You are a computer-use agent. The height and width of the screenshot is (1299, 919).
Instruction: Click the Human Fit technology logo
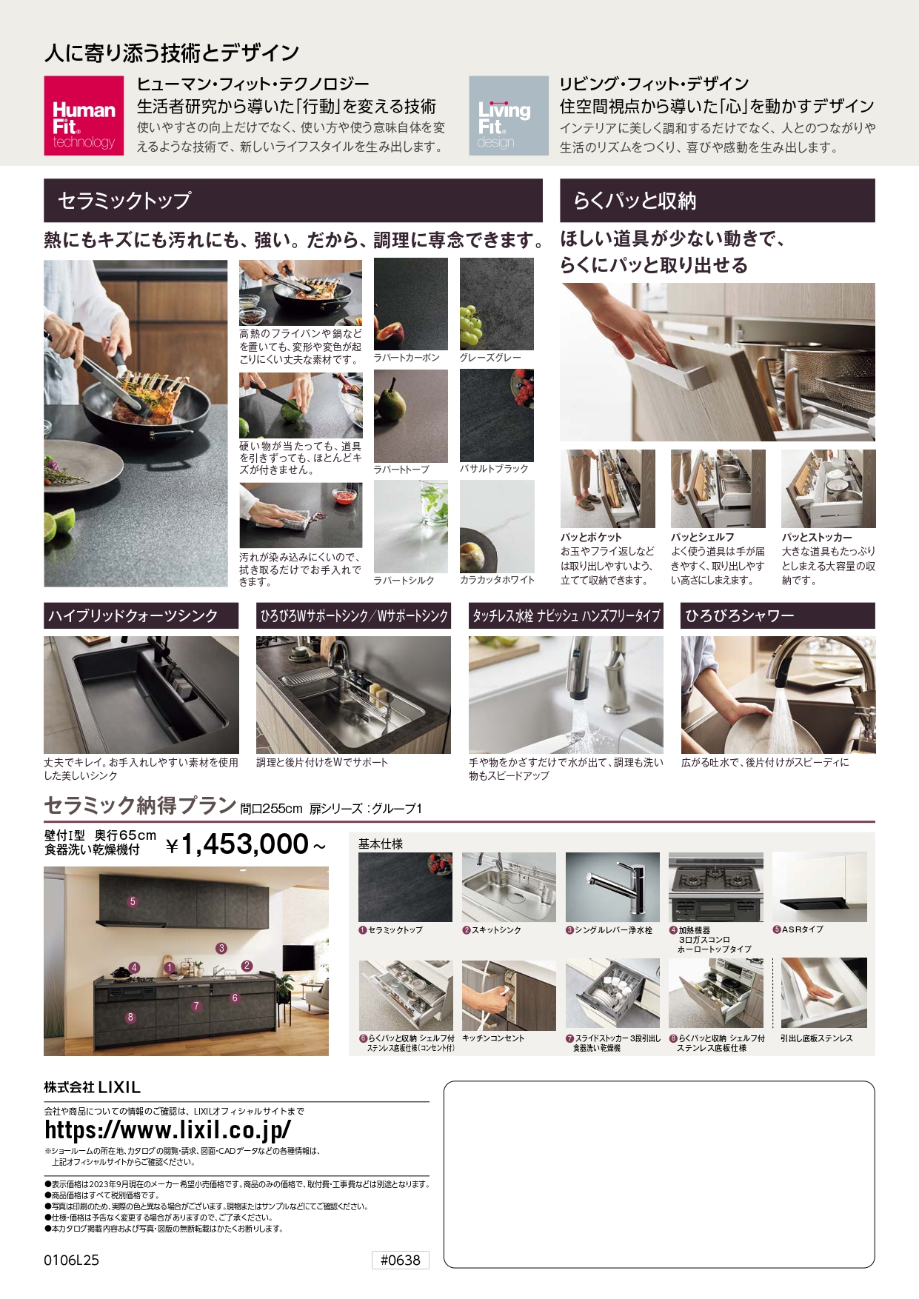(x=84, y=116)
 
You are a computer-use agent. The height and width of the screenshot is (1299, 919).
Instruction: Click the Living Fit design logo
(x=509, y=116)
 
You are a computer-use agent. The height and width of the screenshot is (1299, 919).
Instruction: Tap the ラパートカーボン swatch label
(x=407, y=358)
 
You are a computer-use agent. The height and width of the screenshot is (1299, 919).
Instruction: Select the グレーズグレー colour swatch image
(x=496, y=304)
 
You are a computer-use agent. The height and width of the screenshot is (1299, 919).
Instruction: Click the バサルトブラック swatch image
(x=496, y=415)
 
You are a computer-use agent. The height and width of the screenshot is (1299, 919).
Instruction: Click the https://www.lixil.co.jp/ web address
(x=168, y=1129)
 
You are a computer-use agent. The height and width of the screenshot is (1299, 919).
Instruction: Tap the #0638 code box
(x=400, y=1260)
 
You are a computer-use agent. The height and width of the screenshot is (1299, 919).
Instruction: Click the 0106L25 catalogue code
(x=71, y=1260)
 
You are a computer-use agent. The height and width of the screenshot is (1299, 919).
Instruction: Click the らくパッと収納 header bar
(x=718, y=200)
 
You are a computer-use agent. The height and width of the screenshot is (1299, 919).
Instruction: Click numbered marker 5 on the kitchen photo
(x=133, y=901)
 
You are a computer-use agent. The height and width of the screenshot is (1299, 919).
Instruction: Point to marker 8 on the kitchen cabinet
(x=130, y=1017)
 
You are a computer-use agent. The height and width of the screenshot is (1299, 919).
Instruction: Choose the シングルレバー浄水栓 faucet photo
(x=612, y=886)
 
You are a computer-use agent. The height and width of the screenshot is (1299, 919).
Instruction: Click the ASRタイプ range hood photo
(x=819, y=886)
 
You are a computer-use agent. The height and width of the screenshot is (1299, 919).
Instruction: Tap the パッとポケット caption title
(x=591, y=537)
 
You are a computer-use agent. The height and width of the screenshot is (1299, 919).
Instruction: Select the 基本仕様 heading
(x=381, y=844)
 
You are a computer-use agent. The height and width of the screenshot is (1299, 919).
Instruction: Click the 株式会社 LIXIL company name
(x=93, y=1087)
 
